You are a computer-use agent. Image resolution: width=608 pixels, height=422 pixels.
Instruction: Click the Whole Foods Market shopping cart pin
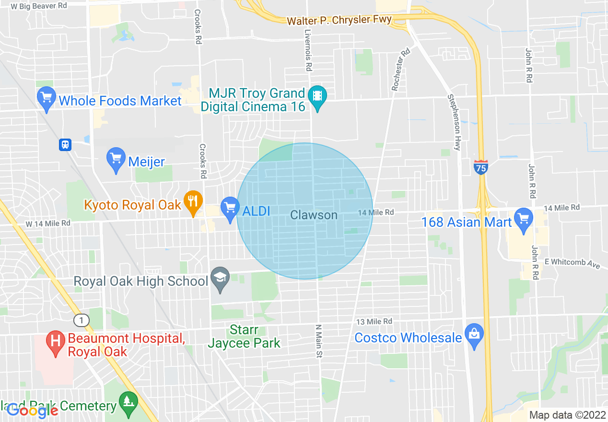(x=47, y=98)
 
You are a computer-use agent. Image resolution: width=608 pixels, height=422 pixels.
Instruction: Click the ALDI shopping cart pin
(x=230, y=209)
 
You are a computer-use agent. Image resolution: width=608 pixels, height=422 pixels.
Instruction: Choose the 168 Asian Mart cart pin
(x=523, y=219)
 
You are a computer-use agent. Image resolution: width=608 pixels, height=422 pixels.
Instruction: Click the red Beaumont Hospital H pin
(x=56, y=342)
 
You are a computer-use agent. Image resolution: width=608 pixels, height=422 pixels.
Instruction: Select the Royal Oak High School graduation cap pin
(x=221, y=279)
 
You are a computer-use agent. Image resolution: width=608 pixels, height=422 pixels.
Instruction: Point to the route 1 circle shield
(x=82, y=319)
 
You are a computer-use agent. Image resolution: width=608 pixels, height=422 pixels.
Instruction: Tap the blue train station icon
(x=65, y=144)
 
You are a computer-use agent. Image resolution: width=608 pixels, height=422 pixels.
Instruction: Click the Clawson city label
(x=314, y=215)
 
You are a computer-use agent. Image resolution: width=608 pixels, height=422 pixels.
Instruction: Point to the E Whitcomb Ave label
(x=573, y=263)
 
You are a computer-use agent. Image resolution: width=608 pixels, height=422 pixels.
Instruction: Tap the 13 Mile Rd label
(x=374, y=321)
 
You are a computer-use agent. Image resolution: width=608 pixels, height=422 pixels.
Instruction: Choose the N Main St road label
(x=317, y=341)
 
